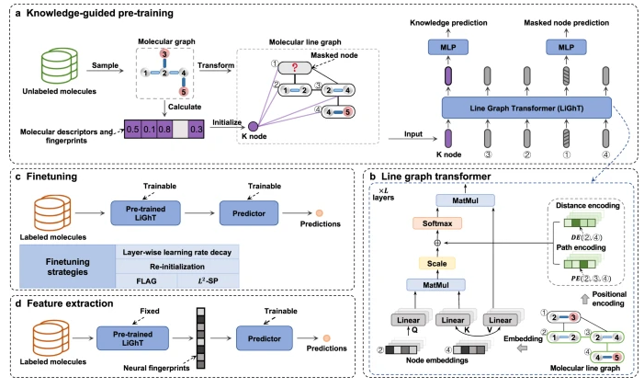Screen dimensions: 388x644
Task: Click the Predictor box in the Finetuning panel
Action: click(x=254, y=211)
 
